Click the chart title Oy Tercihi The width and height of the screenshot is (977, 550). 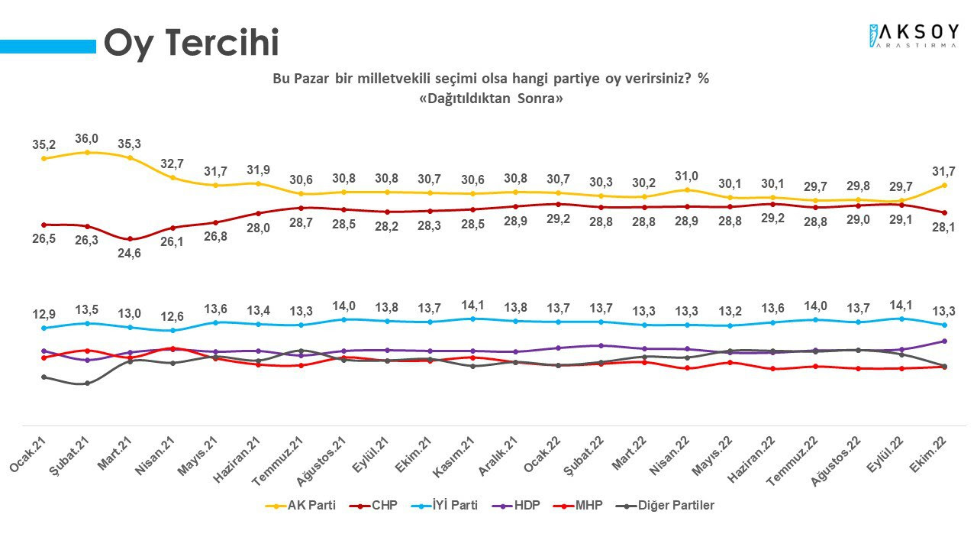coord(192,43)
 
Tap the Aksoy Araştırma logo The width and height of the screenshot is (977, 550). coord(914,36)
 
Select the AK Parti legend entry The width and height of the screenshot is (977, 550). coord(301,506)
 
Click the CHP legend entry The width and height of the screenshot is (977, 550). coord(373,506)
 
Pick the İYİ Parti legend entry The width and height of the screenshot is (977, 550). coord(444,506)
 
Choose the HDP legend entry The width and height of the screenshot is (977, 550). coord(516,506)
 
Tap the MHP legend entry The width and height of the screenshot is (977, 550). coord(578,506)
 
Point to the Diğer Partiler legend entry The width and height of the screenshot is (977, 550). coord(665,506)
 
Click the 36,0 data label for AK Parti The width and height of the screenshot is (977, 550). coord(86,139)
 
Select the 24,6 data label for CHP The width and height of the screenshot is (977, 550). coord(129,253)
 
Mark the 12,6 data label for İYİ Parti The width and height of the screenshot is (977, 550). coord(172,316)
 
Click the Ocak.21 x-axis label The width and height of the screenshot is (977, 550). coord(28,455)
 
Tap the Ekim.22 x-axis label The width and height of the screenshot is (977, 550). coord(928,455)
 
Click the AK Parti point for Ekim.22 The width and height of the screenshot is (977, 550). coord(944,185)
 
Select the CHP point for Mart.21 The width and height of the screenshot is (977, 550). coord(130,239)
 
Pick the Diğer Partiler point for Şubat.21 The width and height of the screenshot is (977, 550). coord(87,383)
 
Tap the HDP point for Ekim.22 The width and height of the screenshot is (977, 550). coord(944,341)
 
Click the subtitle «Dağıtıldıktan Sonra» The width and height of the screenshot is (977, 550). coord(491,99)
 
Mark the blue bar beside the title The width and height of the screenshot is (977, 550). coord(48,47)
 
